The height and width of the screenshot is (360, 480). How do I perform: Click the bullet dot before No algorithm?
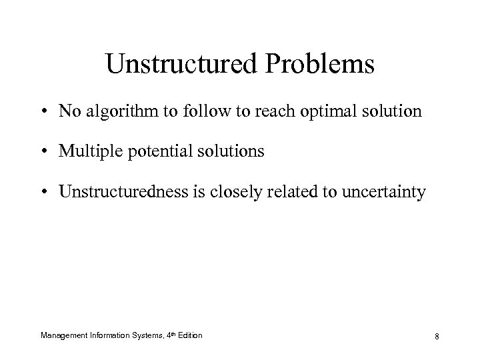point(43,111)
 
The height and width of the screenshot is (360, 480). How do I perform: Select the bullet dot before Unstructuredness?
point(43,193)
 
